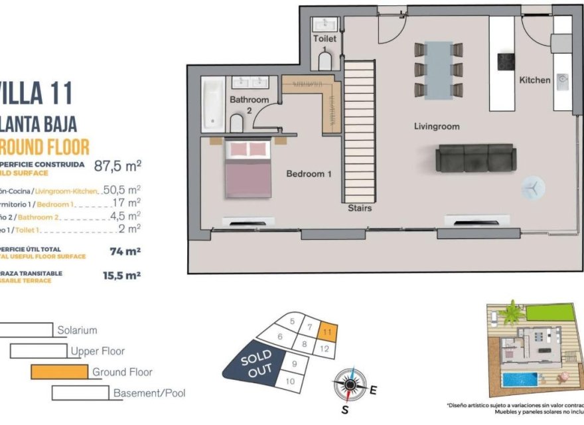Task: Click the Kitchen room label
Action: (534, 80)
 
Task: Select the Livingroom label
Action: (437, 126)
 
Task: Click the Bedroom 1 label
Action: (309, 174)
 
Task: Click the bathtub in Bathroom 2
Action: (212, 104)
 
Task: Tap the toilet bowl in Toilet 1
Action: (325, 62)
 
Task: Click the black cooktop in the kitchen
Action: (507, 62)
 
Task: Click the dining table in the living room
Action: (438, 70)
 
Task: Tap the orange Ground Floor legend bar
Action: (60, 371)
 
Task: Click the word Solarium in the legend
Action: (77, 330)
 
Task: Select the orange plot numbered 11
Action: (328, 329)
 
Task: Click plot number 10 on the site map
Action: (289, 381)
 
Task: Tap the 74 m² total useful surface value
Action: (125, 252)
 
